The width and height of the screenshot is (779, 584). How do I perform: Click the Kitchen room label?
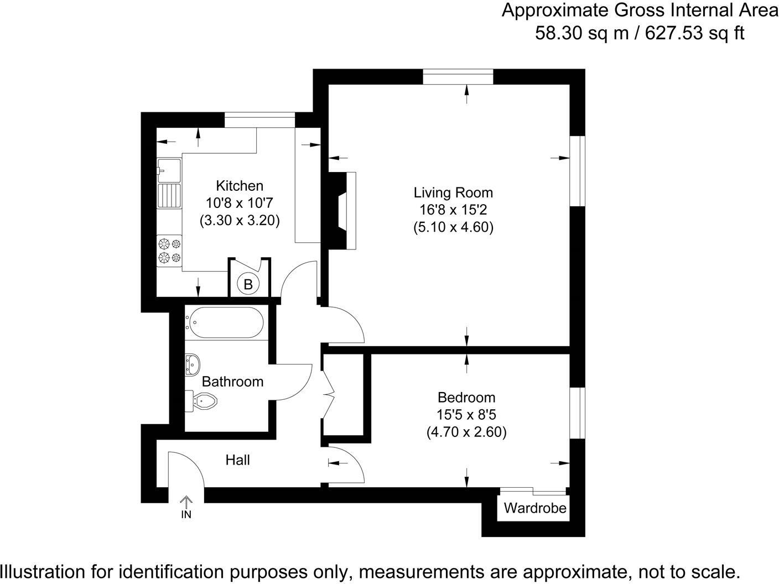click(239, 186)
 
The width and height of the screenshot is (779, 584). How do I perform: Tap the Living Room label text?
click(453, 193)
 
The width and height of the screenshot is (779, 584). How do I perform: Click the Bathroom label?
click(232, 382)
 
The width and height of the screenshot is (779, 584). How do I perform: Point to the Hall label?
click(237, 460)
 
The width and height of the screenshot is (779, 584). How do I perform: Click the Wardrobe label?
click(535, 508)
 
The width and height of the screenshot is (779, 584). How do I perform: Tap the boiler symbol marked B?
click(248, 284)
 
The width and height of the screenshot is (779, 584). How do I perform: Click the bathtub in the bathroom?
click(226, 323)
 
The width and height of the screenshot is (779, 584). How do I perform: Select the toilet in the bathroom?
click(203, 400)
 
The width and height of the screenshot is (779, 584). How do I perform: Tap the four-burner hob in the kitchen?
click(169, 250)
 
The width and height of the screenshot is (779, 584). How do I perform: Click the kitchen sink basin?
click(169, 170)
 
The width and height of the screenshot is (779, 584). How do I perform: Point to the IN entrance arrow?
click(186, 507)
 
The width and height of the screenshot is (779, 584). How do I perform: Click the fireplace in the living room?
click(343, 210)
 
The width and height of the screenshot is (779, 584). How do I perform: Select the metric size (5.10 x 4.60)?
click(453, 227)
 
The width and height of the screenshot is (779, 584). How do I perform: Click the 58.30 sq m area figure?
click(581, 33)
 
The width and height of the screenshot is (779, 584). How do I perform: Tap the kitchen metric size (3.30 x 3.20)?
click(240, 221)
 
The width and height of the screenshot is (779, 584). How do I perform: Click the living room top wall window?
click(458, 77)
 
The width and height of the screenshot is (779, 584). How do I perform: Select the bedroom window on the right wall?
click(578, 412)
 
